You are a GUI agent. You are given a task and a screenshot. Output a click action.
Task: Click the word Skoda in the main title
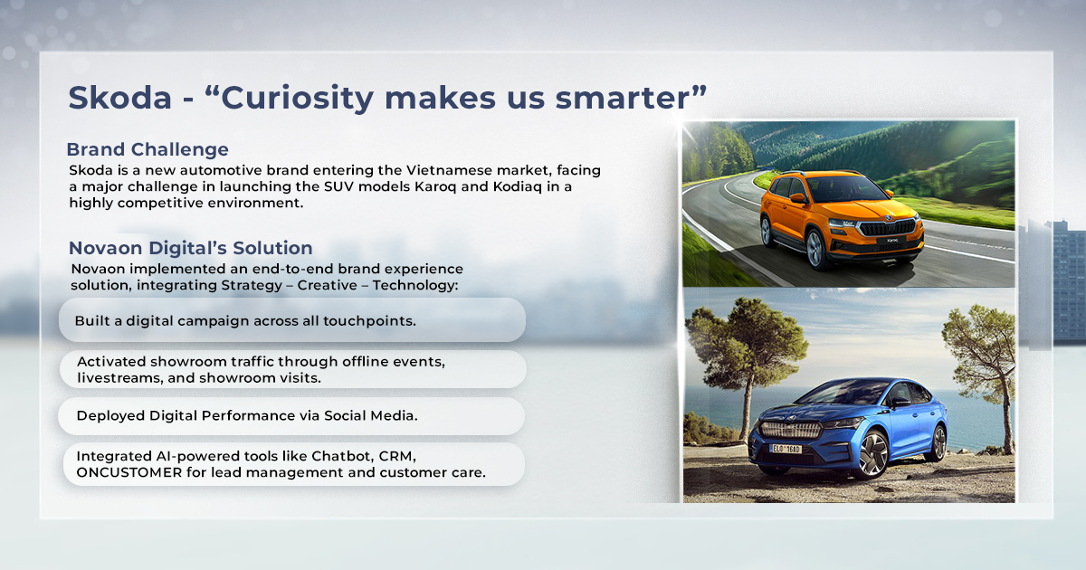tap(120, 98)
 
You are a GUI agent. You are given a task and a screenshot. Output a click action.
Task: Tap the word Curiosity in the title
tap(297, 99)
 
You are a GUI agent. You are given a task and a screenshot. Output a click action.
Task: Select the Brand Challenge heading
tap(148, 150)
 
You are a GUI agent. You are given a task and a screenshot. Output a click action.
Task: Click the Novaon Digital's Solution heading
tap(191, 248)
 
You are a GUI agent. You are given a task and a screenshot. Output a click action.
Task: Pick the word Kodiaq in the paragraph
tap(518, 187)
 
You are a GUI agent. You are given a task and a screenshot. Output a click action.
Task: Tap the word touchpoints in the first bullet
tap(369, 321)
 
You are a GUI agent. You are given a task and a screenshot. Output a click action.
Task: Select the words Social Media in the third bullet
tap(370, 416)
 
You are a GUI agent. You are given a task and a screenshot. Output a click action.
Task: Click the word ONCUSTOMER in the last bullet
tap(129, 472)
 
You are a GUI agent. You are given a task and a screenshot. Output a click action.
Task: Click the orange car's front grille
tap(888, 228)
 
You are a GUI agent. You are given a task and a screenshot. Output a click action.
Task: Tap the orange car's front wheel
tap(815, 250)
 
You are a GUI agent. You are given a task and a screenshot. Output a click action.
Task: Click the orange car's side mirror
tap(797, 198)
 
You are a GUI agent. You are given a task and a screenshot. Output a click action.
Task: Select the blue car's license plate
tap(786, 449)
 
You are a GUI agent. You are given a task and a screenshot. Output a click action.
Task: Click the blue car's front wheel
tap(872, 453)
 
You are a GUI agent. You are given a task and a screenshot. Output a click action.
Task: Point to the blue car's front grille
tap(790, 430)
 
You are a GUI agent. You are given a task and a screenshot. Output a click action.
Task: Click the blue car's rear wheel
tap(938, 442)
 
